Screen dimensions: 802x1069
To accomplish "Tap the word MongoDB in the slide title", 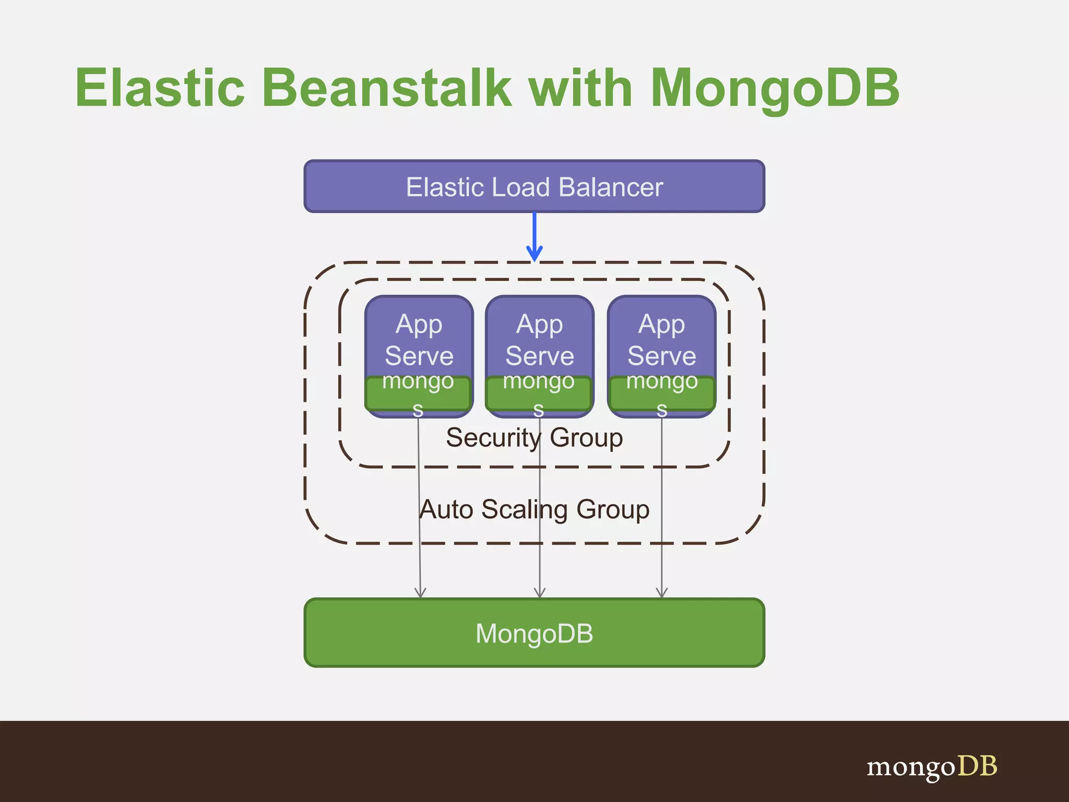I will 775,89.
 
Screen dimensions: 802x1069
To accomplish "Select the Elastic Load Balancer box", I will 534,186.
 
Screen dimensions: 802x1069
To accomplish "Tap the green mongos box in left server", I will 418,394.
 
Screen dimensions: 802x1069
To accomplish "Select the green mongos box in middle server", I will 539,394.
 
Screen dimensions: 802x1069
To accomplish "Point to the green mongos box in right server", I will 662,394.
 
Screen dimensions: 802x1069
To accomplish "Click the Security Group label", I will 534,438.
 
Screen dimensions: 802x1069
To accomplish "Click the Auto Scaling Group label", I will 534,509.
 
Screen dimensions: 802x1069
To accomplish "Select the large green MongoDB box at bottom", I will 534,633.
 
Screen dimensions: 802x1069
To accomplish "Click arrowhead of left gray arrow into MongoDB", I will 420,594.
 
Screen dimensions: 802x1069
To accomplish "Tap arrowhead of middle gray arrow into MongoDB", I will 540,594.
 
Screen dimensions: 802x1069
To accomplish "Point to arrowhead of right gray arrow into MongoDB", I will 662,594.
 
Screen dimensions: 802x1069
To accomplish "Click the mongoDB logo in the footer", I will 932,766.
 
